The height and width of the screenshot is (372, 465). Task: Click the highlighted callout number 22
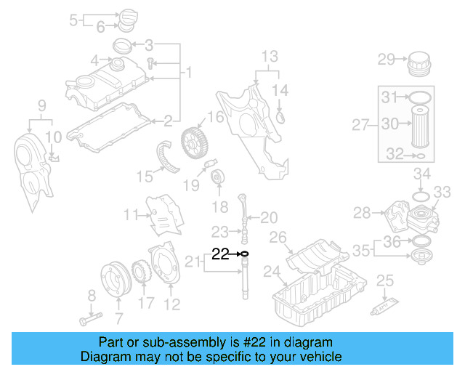[x=220, y=254]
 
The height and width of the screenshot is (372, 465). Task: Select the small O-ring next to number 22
[x=244, y=254]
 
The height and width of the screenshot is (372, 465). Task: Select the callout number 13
[x=269, y=56]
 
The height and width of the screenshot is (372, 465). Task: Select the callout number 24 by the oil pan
[x=271, y=272]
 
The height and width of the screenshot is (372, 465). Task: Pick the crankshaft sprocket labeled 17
[x=142, y=278]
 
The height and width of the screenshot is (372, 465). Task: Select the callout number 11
[x=131, y=214]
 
